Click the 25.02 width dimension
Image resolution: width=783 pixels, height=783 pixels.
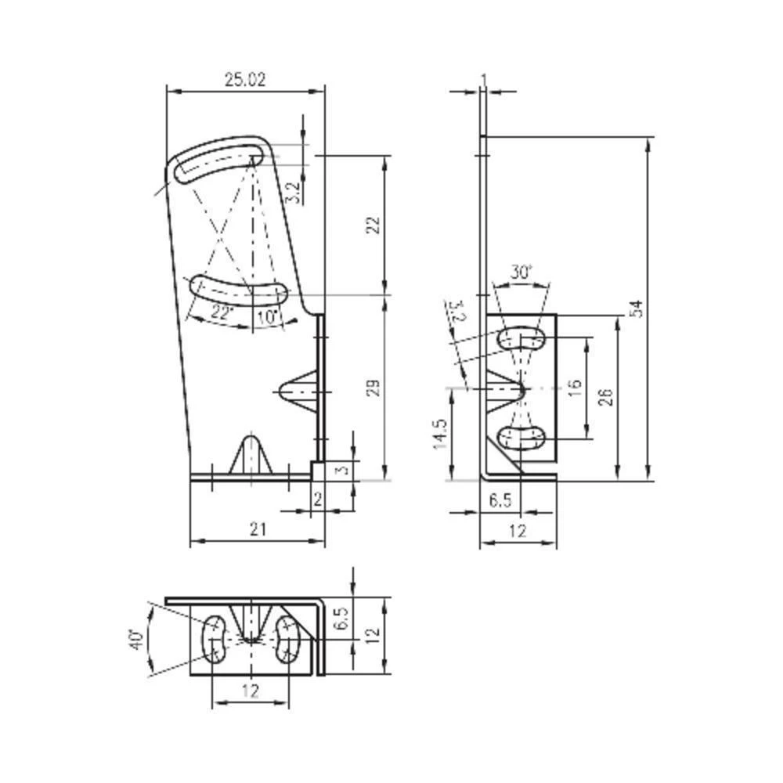point(245,79)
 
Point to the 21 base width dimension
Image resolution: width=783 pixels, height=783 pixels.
point(258,530)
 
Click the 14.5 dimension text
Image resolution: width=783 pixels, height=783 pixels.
point(441,433)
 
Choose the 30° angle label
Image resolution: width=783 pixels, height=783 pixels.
point(521,272)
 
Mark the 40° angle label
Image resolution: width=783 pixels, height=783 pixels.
point(137,639)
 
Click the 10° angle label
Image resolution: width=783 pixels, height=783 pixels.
point(266,317)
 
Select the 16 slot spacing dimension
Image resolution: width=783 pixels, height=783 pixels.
point(574,388)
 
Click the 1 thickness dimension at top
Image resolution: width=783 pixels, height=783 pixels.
point(484,79)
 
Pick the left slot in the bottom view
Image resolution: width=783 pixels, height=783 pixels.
point(214,639)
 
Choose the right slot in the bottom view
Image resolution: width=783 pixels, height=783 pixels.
point(287,639)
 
